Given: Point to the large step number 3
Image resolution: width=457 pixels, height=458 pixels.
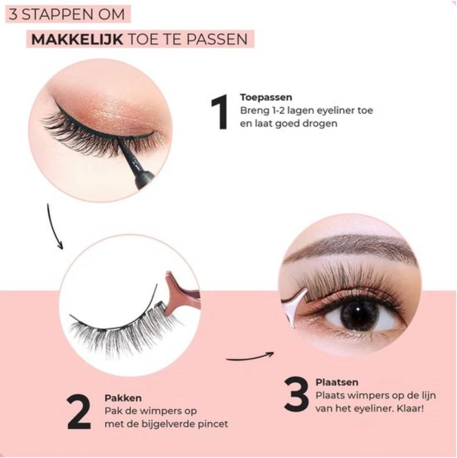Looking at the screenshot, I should (x=297, y=395).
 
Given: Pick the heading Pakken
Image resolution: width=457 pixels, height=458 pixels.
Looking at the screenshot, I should (x=123, y=398).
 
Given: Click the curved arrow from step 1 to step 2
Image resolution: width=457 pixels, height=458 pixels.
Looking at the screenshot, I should (x=53, y=227).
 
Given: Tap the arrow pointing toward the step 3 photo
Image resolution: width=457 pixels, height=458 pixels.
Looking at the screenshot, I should (x=250, y=357).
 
